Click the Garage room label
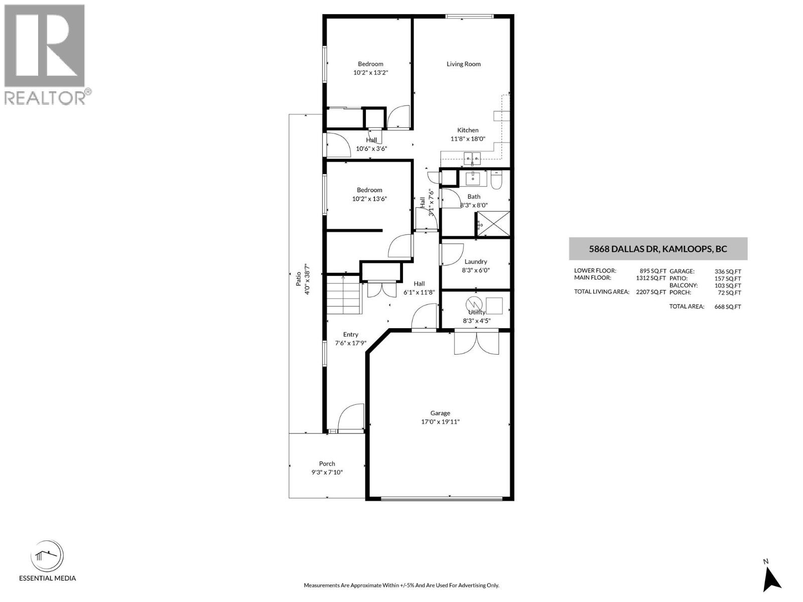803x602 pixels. (x=440, y=413)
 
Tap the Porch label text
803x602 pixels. (x=327, y=464)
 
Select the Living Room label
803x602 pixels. (x=463, y=64)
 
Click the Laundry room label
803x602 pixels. (x=475, y=261)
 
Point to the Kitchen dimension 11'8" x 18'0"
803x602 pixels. (x=467, y=139)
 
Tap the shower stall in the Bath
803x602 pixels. (x=493, y=224)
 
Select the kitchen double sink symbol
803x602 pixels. (x=472, y=159)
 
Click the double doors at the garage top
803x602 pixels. (x=476, y=343)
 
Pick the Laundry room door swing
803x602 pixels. (x=451, y=254)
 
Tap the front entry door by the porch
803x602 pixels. (x=351, y=417)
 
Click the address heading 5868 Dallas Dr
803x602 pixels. (x=658, y=249)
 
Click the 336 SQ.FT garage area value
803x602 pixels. (x=727, y=271)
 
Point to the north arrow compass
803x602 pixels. (x=771, y=577)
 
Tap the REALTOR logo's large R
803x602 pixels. (x=44, y=46)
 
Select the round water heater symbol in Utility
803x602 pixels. (x=473, y=304)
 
